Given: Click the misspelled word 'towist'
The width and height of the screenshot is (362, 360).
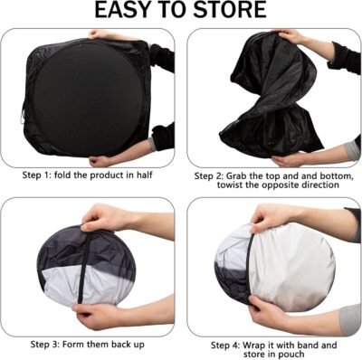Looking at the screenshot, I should point(217,185).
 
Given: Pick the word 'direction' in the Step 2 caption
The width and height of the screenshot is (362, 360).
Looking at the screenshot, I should point(316,185).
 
